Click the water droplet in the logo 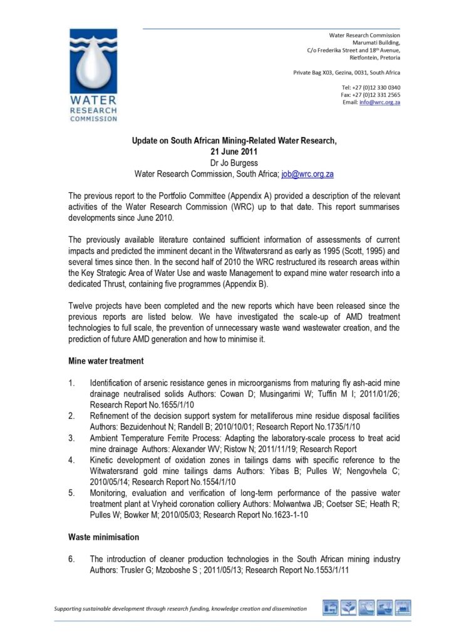(93, 67)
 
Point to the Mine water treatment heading (106, 361)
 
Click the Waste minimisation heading (103, 537)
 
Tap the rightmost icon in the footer (403, 608)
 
